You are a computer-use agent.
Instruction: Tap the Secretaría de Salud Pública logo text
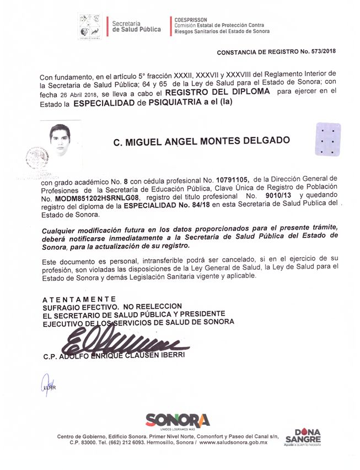(136, 26)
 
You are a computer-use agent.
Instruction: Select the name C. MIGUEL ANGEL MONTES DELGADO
(201, 141)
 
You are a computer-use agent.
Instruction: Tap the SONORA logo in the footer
(178, 420)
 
